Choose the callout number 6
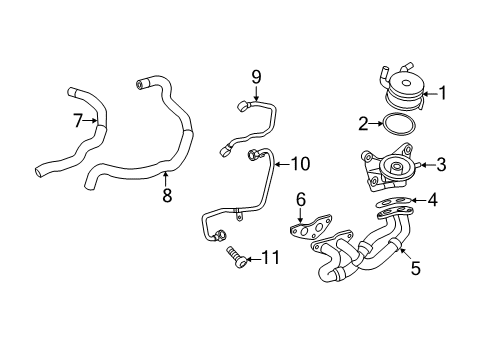pos(300,201)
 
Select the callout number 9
pos(256,76)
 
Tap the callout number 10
pos(301,163)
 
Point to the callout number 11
pos(269,259)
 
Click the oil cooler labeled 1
pos(404,85)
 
